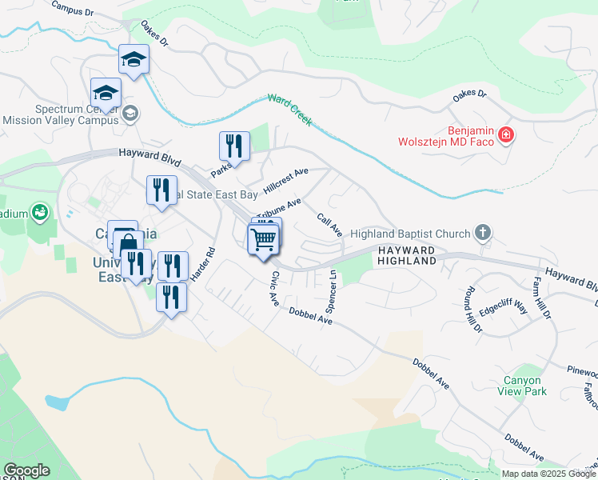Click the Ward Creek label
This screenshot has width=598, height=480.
click(x=289, y=110)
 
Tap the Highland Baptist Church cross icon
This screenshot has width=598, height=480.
click(x=482, y=233)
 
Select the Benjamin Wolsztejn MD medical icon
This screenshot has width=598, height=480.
click(x=505, y=134)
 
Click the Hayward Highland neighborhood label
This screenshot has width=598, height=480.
click(x=407, y=255)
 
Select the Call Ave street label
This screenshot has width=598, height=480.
click(x=329, y=224)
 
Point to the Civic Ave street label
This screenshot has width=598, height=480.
click(x=274, y=288)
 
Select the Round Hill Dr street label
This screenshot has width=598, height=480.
click(x=471, y=308)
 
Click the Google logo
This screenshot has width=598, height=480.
click(x=26, y=470)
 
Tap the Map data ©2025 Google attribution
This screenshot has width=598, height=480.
click(x=548, y=474)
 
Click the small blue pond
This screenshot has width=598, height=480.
click(x=58, y=402)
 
